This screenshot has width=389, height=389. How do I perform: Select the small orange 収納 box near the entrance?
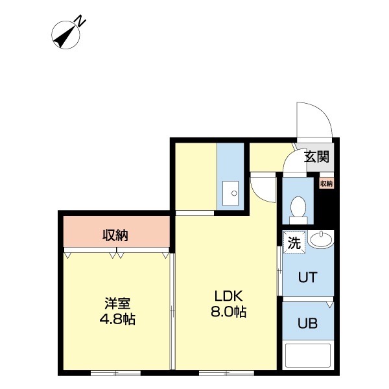(x=326, y=183)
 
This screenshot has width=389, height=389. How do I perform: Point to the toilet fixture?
(x=298, y=208)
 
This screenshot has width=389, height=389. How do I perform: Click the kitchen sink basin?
(x=230, y=191)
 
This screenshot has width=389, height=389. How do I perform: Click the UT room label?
(x=307, y=277)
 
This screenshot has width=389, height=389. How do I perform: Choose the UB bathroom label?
(x=307, y=324)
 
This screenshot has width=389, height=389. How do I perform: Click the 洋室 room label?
(x=118, y=303)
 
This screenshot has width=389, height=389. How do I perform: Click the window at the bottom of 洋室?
(x=115, y=373)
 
